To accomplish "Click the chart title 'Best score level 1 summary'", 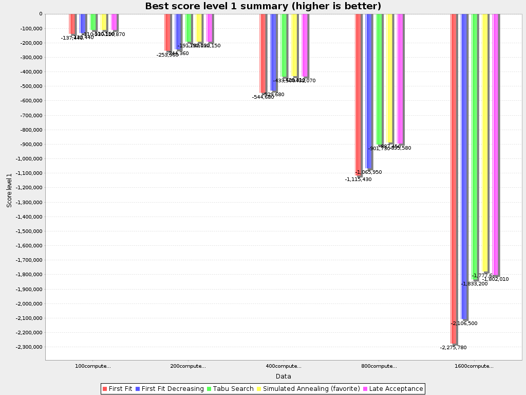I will coord(263,6).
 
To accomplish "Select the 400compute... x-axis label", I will coord(284,366).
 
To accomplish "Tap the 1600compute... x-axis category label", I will coord(474,366).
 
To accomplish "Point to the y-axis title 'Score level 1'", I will coord(9,190).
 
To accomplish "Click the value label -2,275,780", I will coord(453,348).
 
